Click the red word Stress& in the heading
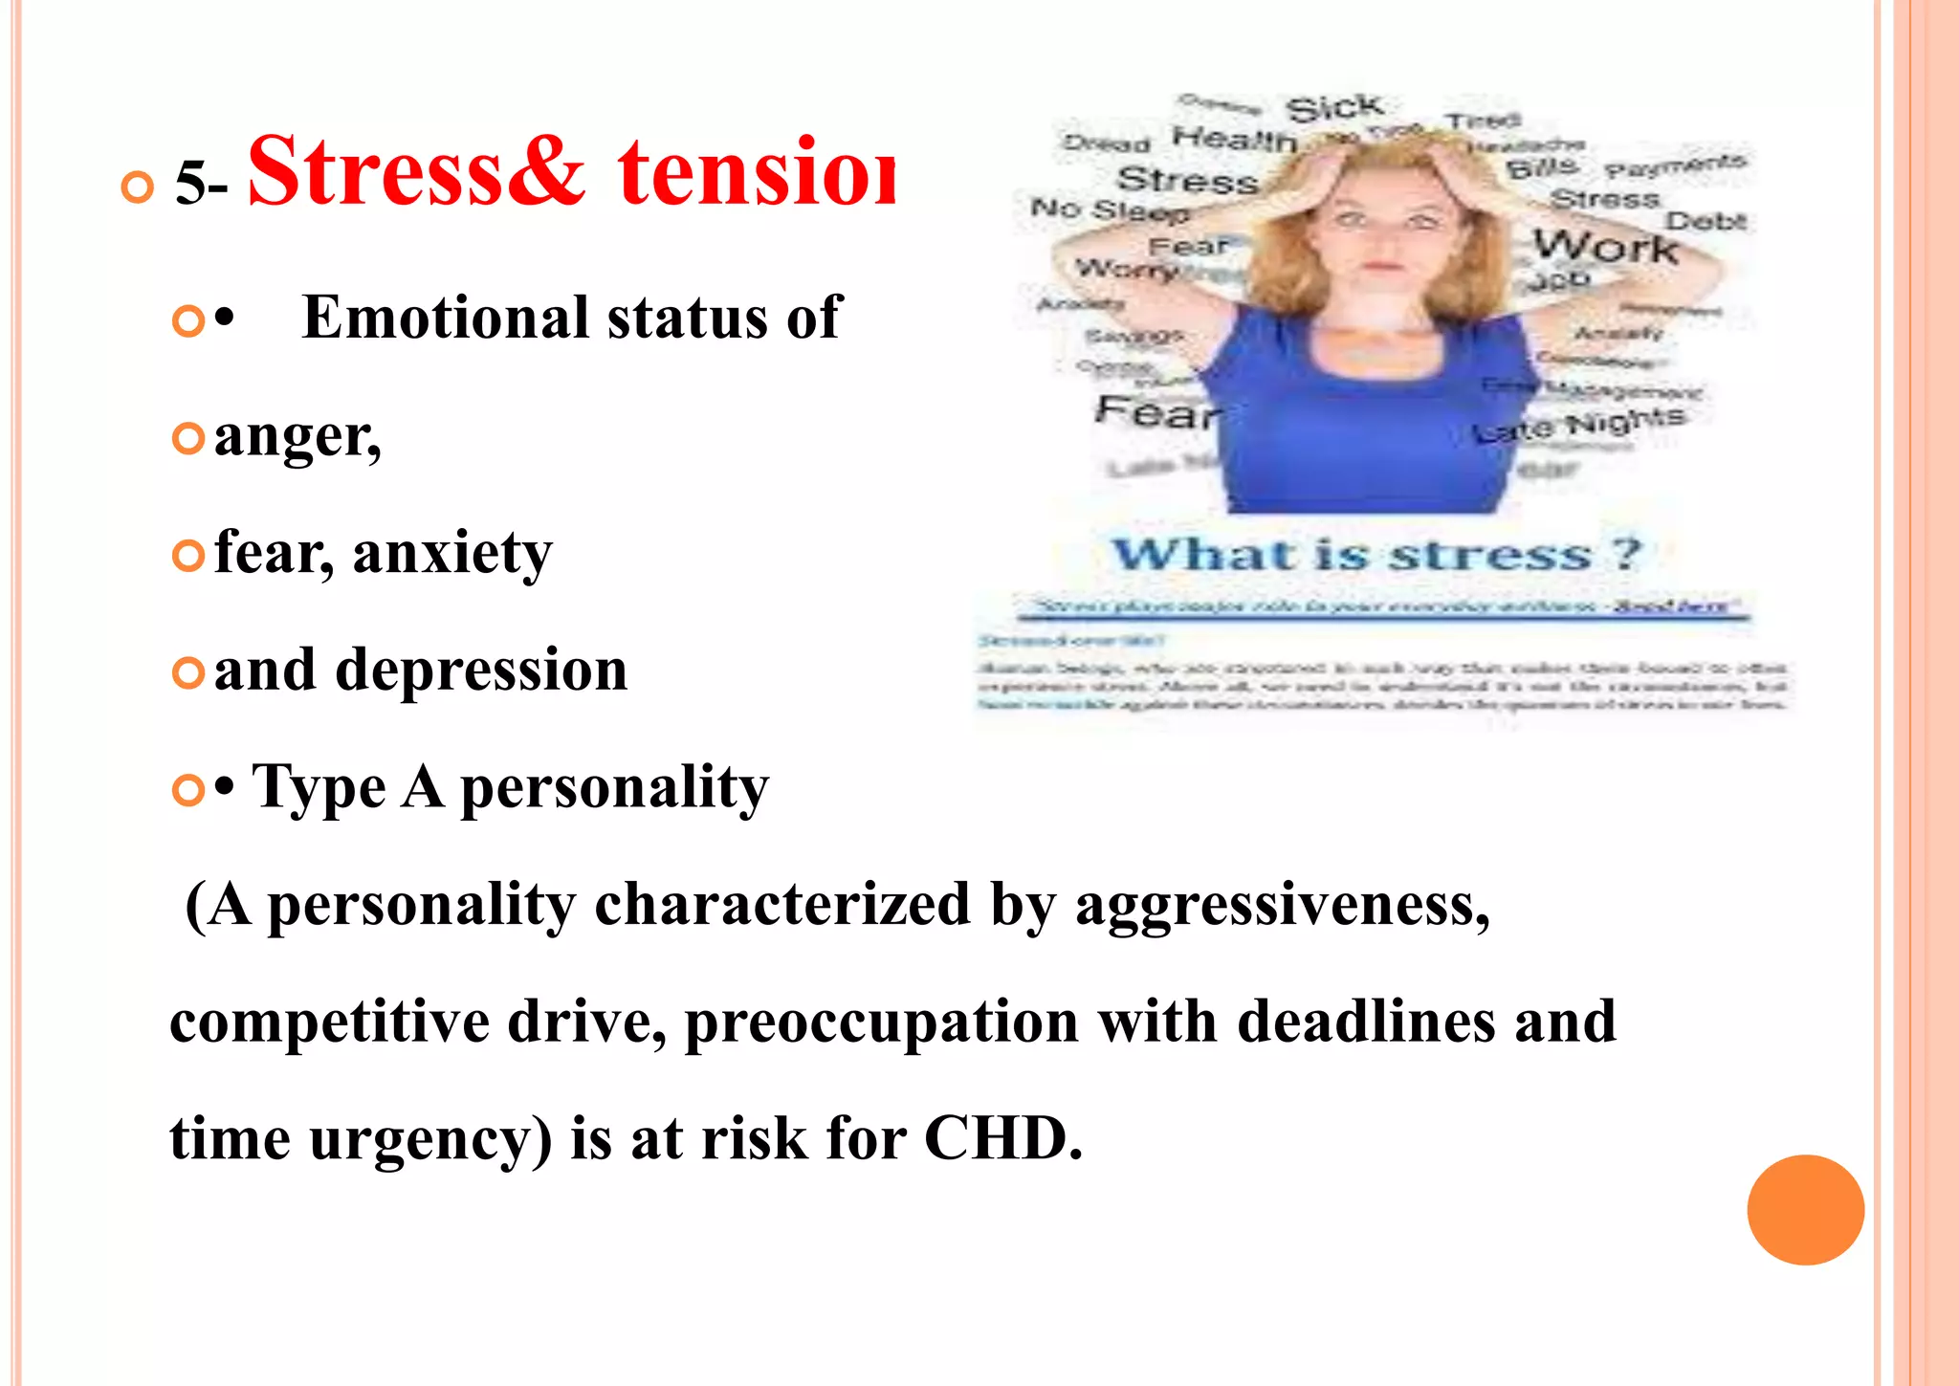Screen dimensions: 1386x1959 [x=416, y=172]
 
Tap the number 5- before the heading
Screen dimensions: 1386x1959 [x=201, y=182]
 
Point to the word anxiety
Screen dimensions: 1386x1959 [x=452, y=553]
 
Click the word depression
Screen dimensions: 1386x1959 [x=481, y=670]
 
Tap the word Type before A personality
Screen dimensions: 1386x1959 [x=319, y=788]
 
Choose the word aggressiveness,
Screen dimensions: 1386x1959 [x=1282, y=904]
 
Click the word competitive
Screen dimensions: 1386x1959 [x=329, y=1021]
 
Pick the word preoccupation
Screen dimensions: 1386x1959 [x=881, y=1021]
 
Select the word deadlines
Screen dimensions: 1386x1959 [x=1366, y=1021]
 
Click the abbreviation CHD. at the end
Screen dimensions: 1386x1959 [x=1003, y=1138]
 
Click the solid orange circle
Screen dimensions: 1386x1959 [x=1805, y=1210]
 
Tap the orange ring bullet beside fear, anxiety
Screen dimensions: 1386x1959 [x=188, y=555]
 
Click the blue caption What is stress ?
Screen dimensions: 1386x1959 [x=1376, y=554]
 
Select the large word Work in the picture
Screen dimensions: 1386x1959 [x=1605, y=247]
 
